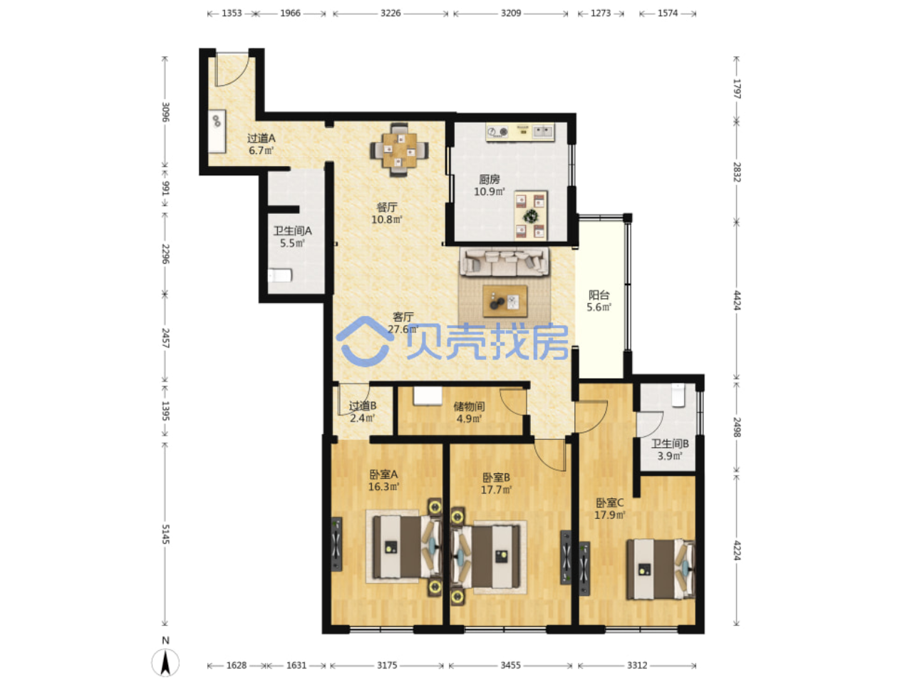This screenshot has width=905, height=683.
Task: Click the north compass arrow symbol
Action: (x=165, y=662)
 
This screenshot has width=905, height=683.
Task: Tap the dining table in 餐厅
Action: (x=396, y=149)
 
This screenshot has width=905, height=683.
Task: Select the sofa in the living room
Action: (x=504, y=261)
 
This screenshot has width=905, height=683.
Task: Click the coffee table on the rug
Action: (x=505, y=301)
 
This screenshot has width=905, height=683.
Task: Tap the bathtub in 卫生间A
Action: (x=279, y=275)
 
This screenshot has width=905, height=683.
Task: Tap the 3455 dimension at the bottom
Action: (x=510, y=665)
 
